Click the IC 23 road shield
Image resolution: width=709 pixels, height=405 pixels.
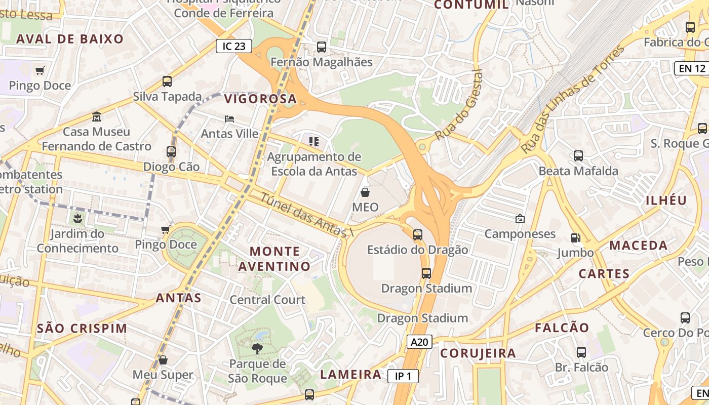point(234,46)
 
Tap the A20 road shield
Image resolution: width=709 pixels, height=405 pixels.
point(419,342)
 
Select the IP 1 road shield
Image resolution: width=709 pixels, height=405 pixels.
point(403,376)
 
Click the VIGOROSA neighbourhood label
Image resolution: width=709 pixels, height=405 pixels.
point(260,98)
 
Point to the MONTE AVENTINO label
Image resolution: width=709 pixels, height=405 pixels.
point(274,259)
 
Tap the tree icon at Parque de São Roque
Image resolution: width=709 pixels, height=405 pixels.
point(257,348)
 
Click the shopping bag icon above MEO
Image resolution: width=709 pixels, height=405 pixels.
point(365,192)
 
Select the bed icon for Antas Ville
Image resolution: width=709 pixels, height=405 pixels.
point(229,119)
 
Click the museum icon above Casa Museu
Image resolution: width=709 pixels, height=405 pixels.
point(97,117)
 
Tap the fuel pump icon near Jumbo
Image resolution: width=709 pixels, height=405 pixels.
point(575,237)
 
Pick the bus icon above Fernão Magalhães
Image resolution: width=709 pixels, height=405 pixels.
point(322,47)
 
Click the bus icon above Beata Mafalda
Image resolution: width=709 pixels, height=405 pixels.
point(578,156)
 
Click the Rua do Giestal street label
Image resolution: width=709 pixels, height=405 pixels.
point(458,105)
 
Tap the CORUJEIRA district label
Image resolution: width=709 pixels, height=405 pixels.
point(478,353)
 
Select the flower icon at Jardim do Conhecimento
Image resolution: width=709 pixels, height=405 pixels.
point(77,219)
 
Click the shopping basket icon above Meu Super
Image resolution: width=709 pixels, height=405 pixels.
point(163,360)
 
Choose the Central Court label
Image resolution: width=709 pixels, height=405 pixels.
point(267,300)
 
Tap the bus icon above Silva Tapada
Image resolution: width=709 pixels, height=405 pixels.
point(167,81)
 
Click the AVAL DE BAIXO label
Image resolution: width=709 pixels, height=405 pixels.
point(70,39)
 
